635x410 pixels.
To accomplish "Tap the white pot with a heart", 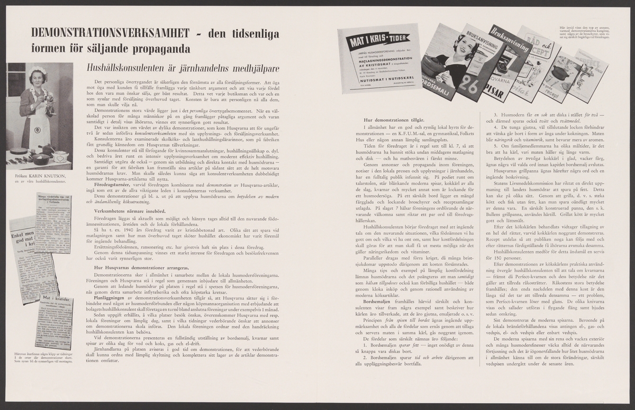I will (61, 156).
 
